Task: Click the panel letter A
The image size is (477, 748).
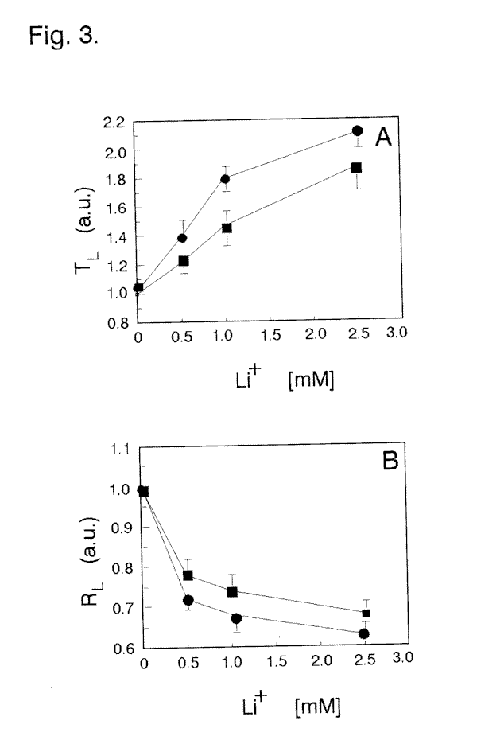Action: pyautogui.click(x=383, y=138)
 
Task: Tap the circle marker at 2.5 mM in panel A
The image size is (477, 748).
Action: pyautogui.click(x=357, y=131)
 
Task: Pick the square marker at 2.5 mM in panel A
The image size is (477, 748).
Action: pyautogui.click(x=356, y=168)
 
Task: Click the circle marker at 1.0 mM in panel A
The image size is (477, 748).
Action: pyautogui.click(x=225, y=179)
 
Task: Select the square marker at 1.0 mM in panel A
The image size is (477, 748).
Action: pyautogui.click(x=227, y=228)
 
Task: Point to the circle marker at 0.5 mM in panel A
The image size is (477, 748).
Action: pyautogui.click(x=182, y=238)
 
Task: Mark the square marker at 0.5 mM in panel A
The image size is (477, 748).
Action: pyautogui.click(x=183, y=261)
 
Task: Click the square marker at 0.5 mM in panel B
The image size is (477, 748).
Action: pyautogui.click(x=188, y=575)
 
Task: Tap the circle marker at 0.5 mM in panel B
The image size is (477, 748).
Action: pyautogui.click(x=188, y=600)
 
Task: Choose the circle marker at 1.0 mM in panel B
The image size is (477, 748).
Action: pyautogui.click(x=236, y=618)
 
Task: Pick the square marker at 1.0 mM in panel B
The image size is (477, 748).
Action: pyautogui.click(x=232, y=592)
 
